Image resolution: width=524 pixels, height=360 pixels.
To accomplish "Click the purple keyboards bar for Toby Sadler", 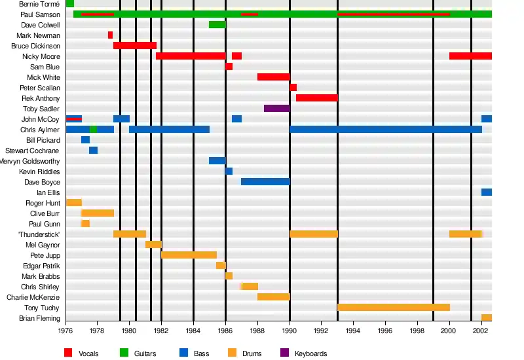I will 276,109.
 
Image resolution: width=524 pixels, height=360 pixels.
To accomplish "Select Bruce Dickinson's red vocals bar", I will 135,46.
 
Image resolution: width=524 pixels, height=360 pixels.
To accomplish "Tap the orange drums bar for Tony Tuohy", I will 393,308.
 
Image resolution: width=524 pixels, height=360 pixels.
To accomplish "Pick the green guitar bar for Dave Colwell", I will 217,25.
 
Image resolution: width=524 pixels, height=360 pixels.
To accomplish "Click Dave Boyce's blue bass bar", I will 265,182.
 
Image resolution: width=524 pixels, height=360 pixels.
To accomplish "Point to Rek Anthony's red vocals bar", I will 316,98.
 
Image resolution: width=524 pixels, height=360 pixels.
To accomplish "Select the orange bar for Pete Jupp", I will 189,255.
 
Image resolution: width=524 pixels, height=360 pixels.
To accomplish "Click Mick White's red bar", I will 273,77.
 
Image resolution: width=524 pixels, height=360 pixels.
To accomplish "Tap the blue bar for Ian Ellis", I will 486,192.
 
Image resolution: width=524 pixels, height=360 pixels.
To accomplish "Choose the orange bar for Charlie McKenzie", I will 273,297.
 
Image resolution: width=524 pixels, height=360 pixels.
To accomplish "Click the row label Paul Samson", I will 40,14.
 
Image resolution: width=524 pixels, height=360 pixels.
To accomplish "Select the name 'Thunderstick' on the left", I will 39,234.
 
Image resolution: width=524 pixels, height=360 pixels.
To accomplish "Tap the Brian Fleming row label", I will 41,318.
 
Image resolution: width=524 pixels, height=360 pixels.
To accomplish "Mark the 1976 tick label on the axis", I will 66,332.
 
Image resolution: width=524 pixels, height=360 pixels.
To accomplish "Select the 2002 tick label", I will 480,332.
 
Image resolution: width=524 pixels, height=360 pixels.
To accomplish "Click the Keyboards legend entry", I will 310,353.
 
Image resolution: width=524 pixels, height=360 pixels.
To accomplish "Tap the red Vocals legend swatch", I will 68,353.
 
